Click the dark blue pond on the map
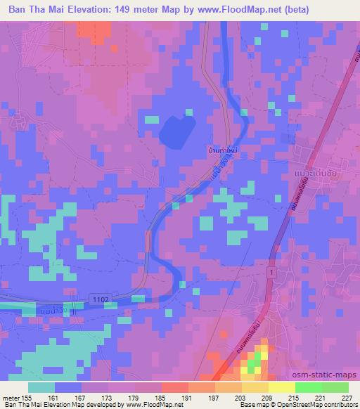coord(177,131)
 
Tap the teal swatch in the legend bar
coord(41,387)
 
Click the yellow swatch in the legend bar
coord(281,387)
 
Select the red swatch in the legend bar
coord(175,387)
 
